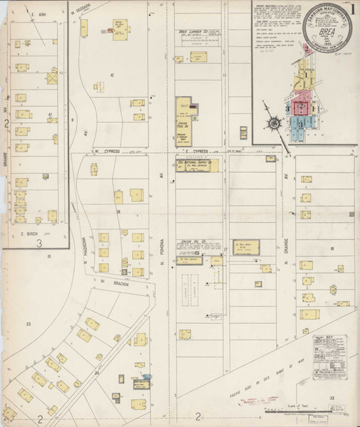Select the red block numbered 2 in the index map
click(302, 107)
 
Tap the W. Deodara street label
click(84, 12)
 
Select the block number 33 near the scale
click(332, 399)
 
